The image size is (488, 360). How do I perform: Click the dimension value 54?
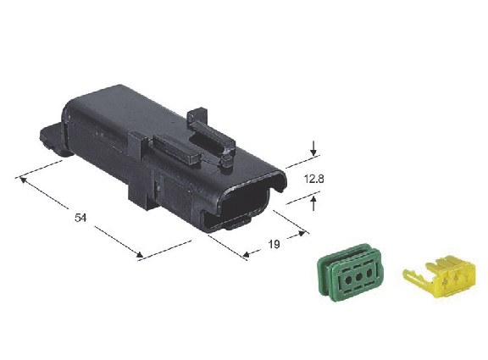[x=80, y=218]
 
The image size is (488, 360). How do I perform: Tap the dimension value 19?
[x=274, y=244]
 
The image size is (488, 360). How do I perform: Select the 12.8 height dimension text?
[x=314, y=179]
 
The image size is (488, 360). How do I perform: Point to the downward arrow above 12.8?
[x=313, y=148]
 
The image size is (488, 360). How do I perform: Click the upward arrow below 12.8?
[x=313, y=203]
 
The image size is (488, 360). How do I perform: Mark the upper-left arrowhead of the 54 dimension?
[x=23, y=180]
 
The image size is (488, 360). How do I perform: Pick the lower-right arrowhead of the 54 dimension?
[x=140, y=255]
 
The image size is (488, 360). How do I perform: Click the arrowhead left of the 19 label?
[x=247, y=254]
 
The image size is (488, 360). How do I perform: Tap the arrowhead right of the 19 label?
[x=302, y=233]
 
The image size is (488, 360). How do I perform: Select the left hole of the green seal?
[x=349, y=280]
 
